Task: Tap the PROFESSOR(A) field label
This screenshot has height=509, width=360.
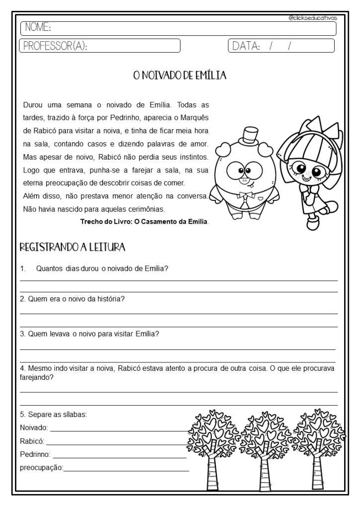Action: click(x=54, y=46)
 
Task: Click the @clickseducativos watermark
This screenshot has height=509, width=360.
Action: click(x=313, y=17)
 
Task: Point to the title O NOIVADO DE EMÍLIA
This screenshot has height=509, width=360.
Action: click(x=180, y=76)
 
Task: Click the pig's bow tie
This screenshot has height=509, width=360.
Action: click(x=244, y=195)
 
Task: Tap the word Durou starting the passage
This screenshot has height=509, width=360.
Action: click(x=33, y=105)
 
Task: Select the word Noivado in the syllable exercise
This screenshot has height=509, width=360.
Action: click(x=33, y=427)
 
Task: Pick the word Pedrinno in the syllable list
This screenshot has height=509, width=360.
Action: click(x=35, y=454)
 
